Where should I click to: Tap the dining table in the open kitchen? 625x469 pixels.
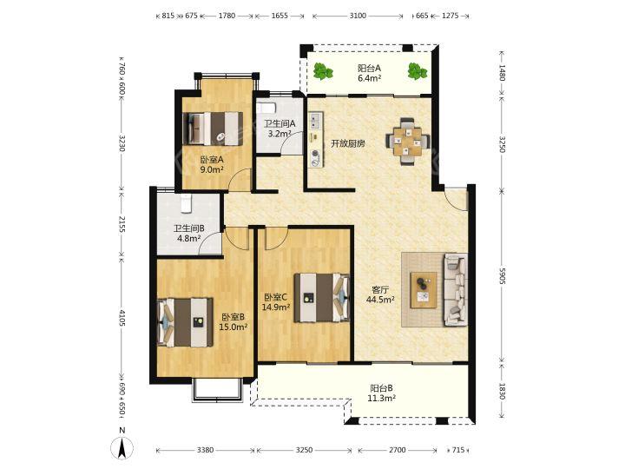pyautogui.click(x=408, y=142)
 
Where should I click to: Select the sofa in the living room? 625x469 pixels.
pyautogui.click(x=456, y=290)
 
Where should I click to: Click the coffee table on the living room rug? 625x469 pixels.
pyautogui.click(x=424, y=290)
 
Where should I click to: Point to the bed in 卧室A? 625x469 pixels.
pyautogui.click(x=213, y=129)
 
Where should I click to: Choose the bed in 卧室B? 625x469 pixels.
pyautogui.click(x=186, y=322)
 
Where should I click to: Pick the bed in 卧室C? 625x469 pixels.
pyautogui.click(x=322, y=298)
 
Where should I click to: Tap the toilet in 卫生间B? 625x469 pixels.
pyautogui.click(x=187, y=203)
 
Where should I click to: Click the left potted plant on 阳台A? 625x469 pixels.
pyautogui.click(x=322, y=72)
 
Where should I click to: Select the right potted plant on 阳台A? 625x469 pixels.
pyautogui.click(x=418, y=71)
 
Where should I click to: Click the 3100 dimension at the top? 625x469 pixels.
pyautogui.click(x=358, y=16)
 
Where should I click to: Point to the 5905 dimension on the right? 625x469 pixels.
pyautogui.click(x=502, y=275)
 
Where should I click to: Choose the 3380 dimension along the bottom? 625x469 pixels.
pyautogui.click(x=205, y=450)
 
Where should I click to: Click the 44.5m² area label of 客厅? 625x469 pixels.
pyautogui.click(x=381, y=300)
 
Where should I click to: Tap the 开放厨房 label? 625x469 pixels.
pyautogui.click(x=348, y=143)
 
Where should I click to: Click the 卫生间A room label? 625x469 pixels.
pyautogui.click(x=280, y=123)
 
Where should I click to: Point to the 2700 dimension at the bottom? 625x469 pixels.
pyautogui.click(x=397, y=450)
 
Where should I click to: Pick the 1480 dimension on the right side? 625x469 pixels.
pyautogui.click(x=502, y=73)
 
